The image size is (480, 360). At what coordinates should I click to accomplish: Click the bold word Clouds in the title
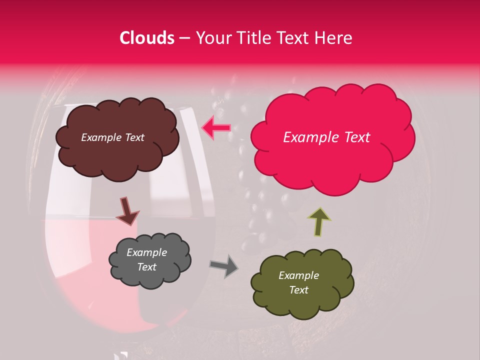point(147,38)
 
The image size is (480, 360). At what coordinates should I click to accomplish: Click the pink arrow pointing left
point(216,128)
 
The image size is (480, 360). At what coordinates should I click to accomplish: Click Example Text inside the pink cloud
point(326,137)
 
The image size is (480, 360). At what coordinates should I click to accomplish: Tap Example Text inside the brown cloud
point(112,137)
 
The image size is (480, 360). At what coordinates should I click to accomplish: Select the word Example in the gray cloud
point(146,252)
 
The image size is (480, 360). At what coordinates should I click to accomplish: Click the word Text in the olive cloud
point(298,290)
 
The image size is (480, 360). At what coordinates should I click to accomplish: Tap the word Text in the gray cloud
point(146,267)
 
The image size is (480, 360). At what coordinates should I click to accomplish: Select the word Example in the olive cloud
point(298,275)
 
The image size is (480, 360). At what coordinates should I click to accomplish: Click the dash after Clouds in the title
point(184,38)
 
